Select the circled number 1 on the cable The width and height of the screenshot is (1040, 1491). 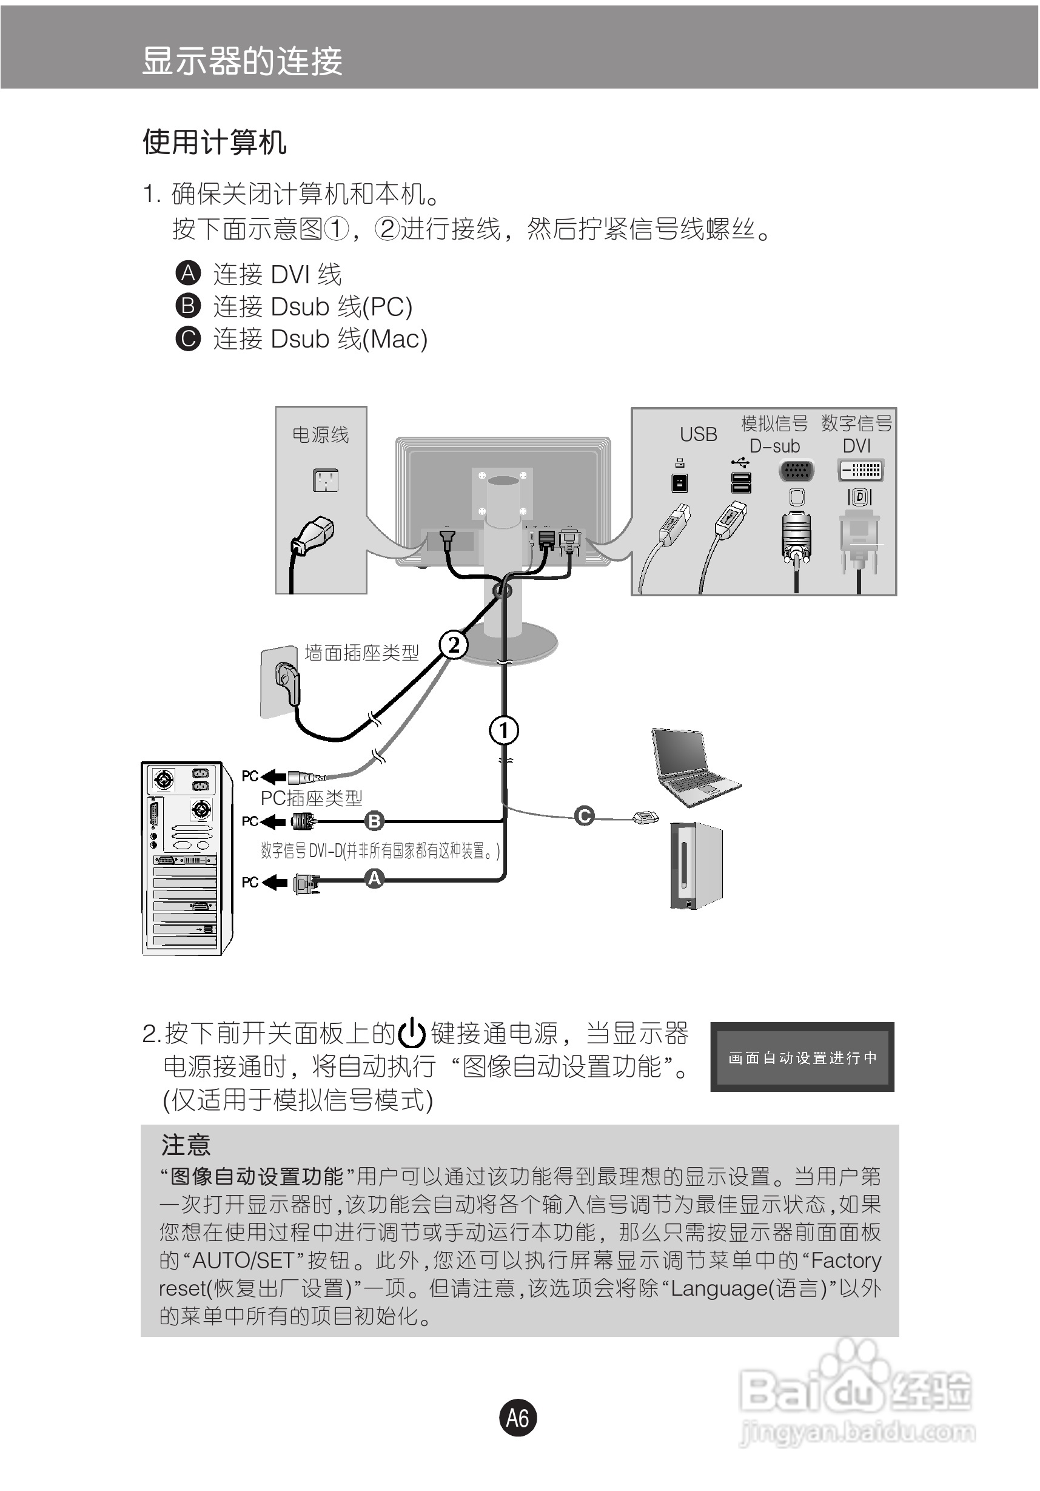(504, 730)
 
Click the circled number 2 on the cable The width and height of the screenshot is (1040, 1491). (454, 644)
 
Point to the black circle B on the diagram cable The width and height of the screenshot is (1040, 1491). (375, 821)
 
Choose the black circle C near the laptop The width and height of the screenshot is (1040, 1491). (584, 816)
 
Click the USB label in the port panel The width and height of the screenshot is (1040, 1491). (699, 434)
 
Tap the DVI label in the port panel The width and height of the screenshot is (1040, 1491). (857, 445)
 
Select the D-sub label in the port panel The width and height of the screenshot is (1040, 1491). (775, 446)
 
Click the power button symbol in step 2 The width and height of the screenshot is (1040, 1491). (412, 1034)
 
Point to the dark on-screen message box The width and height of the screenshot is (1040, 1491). (802, 1057)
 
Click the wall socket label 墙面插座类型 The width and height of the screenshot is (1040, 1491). (361, 653)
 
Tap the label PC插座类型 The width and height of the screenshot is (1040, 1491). (312, 798)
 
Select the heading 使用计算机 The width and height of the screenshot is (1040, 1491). (214, 142)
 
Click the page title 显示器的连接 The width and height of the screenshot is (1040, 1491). (242, 61)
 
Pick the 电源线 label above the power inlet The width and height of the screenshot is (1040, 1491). (321, 434)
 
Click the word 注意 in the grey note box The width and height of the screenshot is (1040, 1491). (186, 1145)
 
